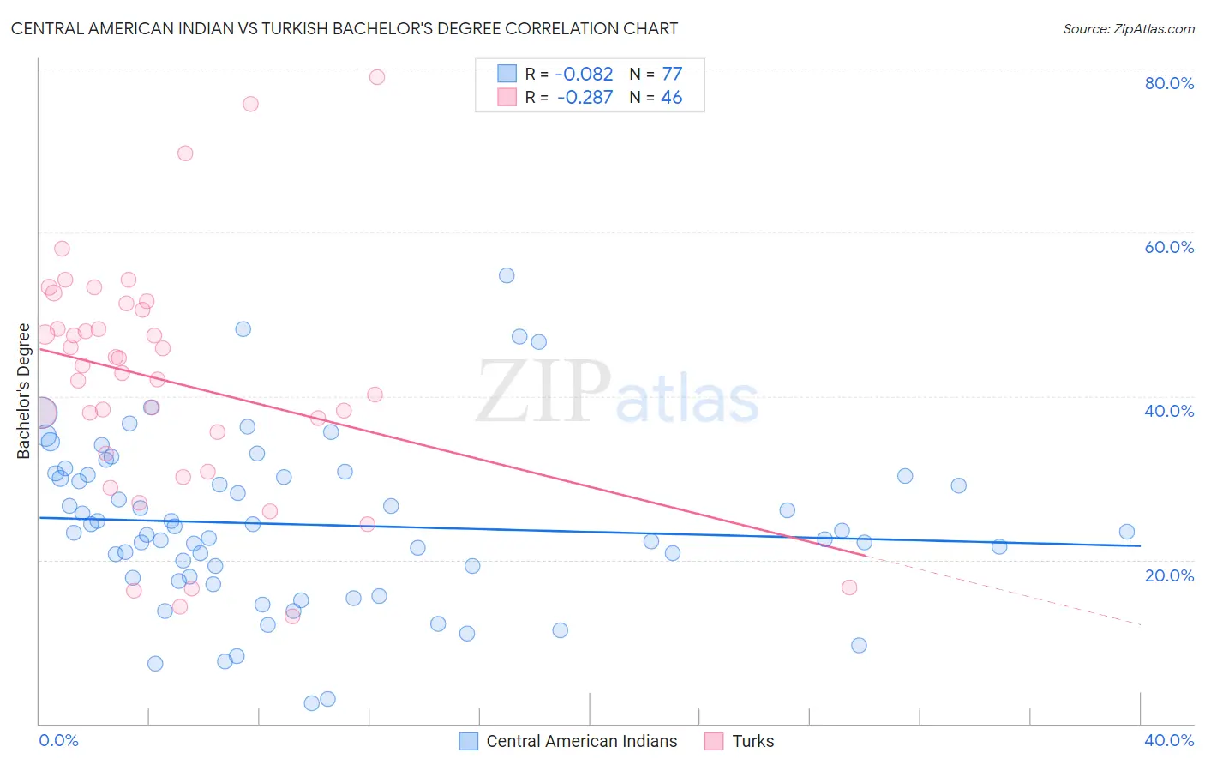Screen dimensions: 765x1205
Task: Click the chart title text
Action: [x=344, y=28]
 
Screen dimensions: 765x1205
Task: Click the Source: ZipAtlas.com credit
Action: [x=1128, y=29]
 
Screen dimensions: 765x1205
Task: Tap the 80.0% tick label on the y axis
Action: [x=1169, y=83]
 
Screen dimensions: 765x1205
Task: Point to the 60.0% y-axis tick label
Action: [x=1169, y=247]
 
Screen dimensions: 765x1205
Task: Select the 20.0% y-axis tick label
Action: [x=1169, y=575]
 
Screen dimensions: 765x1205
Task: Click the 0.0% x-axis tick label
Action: [x=58, y=740]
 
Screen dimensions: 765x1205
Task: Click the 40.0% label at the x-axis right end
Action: [x=1169, y=740]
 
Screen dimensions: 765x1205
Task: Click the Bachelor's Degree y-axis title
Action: [x=24, y=391]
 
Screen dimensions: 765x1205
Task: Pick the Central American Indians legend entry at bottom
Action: [x=581, y=741]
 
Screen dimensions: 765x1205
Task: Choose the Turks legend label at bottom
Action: [x=752, y=741]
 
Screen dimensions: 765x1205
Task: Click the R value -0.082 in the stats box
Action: [x=585, y=75]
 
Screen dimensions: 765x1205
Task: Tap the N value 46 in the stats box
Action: [x=671, y=98]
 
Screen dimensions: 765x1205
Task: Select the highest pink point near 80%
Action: [x=377, y=77]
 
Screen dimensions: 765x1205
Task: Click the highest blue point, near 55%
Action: [x=507, y=275]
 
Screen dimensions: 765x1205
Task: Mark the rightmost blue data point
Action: [x=1127, y=532]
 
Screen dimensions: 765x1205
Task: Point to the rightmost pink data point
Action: [x=849, y=587]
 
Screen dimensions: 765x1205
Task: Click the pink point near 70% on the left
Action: [x=185, y=154]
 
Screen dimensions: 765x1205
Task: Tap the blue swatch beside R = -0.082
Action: [x=507, y=74]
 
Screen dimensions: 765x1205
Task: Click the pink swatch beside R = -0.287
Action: [x=507, y=97]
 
